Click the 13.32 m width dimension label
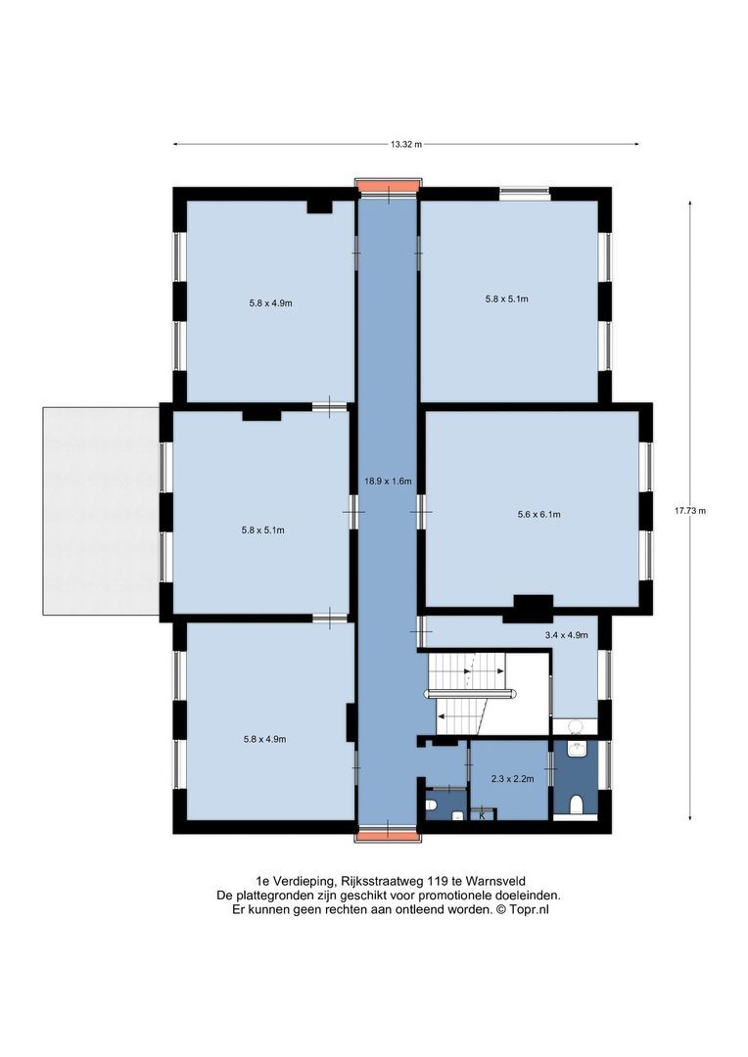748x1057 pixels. [406, 144]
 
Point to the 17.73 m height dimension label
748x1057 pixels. [690, 510]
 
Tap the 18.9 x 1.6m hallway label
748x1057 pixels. [388, 482]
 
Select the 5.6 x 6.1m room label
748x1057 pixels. [538, 515]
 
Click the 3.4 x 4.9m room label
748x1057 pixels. [567, 635]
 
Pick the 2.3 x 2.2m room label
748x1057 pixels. [513, 779]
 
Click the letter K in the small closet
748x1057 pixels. [483, 815]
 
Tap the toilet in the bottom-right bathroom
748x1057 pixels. [576, 804]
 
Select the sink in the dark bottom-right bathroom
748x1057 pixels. [576, 749]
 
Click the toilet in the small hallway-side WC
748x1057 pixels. [431, 804]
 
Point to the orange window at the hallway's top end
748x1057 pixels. [388, 186]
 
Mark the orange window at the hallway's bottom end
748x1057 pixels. [388, 836]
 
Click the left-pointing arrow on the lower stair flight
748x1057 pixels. [461, 715]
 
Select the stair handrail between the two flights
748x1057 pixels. [471, 692]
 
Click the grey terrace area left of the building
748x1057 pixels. [101, 511]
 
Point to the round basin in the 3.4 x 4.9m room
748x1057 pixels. [576, 726]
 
